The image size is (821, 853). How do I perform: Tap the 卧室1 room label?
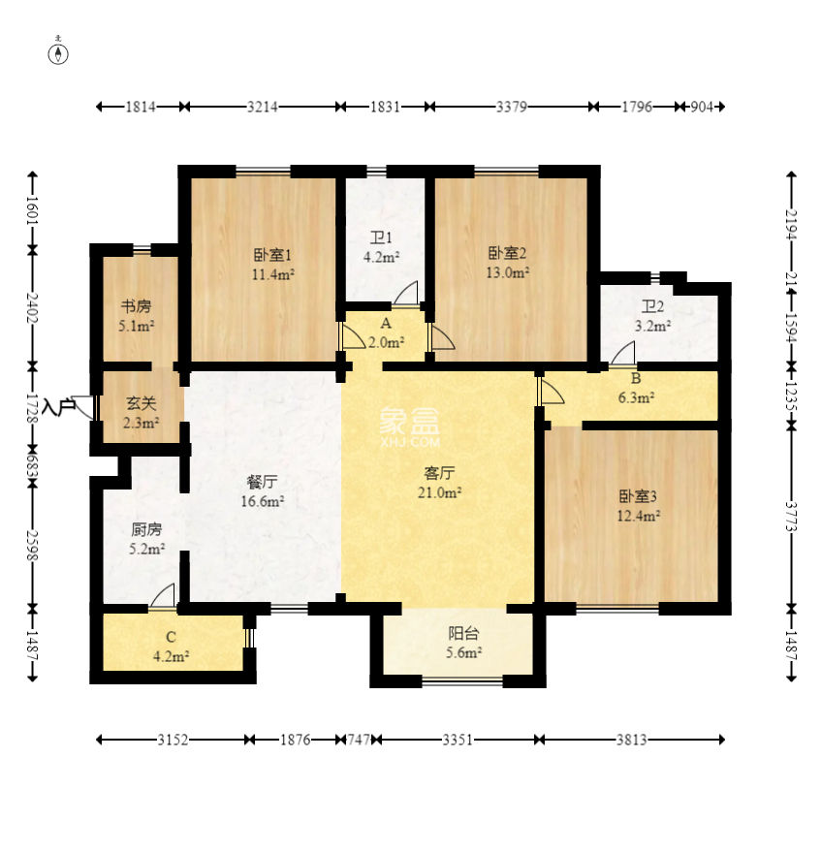click(x=273, y=255)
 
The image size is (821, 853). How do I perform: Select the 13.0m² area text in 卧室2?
click(x=508, y=272)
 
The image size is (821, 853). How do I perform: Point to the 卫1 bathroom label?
click(x=381, y=237)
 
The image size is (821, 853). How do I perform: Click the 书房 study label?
click(x=136, y=307)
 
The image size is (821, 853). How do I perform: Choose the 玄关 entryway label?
click(x=141, y=403)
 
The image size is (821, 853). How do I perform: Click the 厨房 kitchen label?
click(x=146, y=529)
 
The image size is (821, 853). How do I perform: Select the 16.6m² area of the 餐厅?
click(x=263, y=501)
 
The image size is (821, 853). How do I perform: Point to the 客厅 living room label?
click(x=439, y=473)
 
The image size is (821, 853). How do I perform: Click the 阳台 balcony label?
click(x=463, y=633)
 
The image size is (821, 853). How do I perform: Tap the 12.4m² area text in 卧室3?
click(x=639, y=515)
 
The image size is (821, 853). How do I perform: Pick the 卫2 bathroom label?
click(x=653, y=307)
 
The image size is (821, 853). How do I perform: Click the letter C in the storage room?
click(x=171, y=637)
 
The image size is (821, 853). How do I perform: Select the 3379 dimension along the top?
click(x=512, y=107)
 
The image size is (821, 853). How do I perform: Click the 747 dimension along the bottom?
click(x=359, y=740)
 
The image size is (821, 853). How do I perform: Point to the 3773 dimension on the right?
click(x=791, y=517)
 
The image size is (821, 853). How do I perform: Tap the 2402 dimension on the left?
click(x=33, y=308)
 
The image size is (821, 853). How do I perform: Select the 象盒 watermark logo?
click(x=410, y=420)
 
